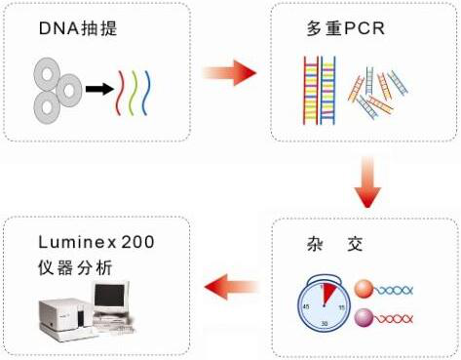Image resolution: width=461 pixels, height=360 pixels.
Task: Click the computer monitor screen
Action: [111, 296]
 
